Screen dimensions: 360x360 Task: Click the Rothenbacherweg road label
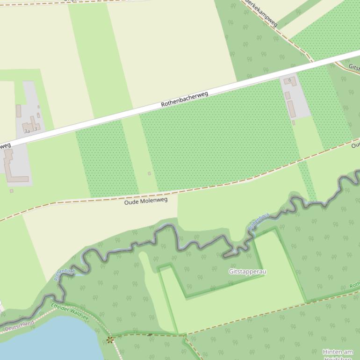(x=184, y=99)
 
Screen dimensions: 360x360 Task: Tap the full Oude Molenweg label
(x=145, y=201)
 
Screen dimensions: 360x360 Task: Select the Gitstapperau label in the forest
(x=247, y=272)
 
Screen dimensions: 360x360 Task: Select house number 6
(x=290, y=80)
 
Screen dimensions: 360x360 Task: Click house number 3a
(x=27, y=131)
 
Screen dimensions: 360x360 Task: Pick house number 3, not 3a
(x=36, y=129)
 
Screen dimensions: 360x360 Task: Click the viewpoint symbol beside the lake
(x=110, y=339)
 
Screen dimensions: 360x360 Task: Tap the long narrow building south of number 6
(x=291, y=109)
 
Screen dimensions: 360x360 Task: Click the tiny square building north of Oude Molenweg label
(x=150, y=173)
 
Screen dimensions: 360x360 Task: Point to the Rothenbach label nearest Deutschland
(x=64, y=274)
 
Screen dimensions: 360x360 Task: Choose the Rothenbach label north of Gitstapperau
(x=259, y=221)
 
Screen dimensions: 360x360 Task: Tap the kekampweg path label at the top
(x=262, y=13)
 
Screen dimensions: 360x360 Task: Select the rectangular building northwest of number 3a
(x=19, y=111)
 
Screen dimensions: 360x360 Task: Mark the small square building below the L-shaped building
(x=12, y=191)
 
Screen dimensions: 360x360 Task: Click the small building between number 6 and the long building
(x=288, y=95)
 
